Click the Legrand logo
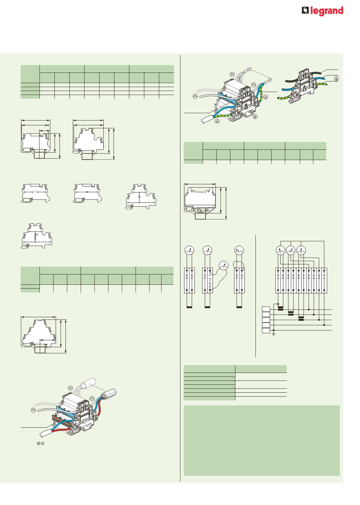coord(322,11)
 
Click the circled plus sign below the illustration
coord(38,443)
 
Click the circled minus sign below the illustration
coord(43,443)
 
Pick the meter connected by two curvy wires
coord(223,265)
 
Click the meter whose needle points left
coord(239,250)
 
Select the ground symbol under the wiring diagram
coord(274,334)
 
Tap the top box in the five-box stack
coord(266,309)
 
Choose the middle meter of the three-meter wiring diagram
coord(291,251)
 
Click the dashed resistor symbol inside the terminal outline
coord(35,192)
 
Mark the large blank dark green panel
coord(262,441)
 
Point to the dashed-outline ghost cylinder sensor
coord(88,383)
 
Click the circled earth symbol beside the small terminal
coord(336,79)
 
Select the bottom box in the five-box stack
coord(266,331)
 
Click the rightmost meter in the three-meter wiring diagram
coord(301,251)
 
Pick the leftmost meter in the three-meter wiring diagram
coord(281,251)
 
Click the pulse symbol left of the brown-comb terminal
coord(33,409)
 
